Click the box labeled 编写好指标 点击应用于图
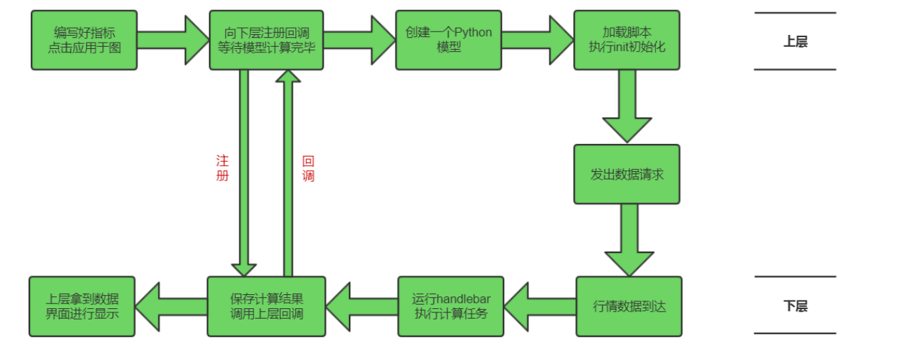84,40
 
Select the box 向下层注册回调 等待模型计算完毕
266,40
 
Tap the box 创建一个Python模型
448,40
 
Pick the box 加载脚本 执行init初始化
627,40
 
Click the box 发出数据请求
627,174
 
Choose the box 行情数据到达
629,306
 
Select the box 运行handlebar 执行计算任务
450,306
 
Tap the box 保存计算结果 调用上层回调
266,306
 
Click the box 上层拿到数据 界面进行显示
82,306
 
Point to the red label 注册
222,168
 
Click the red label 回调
308,168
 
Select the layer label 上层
795,42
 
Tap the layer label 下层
795,306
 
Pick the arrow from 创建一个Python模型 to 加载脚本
538,40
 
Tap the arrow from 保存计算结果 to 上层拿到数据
171,306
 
